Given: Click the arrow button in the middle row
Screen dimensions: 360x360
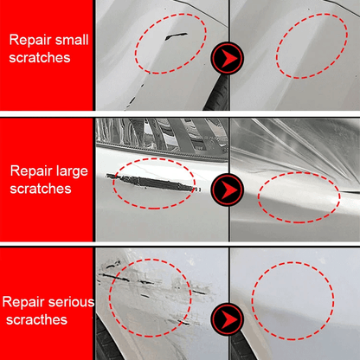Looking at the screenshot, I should click(x=228, y=187).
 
